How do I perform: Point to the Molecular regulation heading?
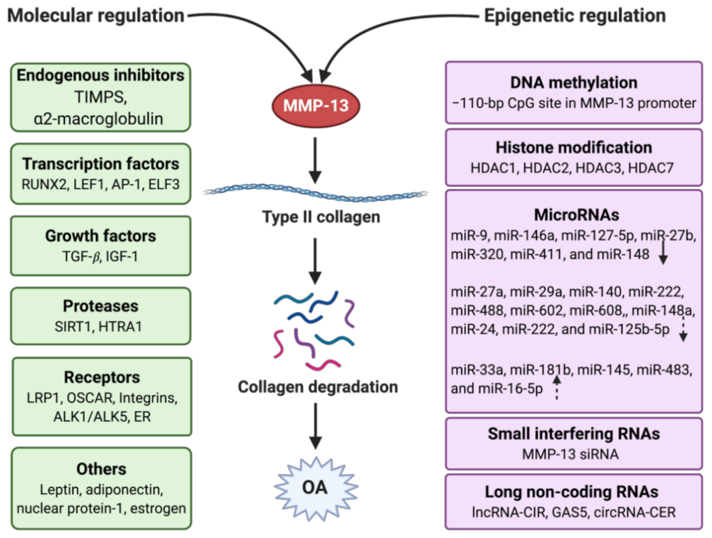click(x=96, y=15)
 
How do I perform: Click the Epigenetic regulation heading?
click(x=576, y=15)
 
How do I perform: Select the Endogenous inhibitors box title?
click(x=100, y=75)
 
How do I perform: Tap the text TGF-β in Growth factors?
click(x=83, y=254)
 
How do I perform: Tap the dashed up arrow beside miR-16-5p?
click(x=556, y=388)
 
